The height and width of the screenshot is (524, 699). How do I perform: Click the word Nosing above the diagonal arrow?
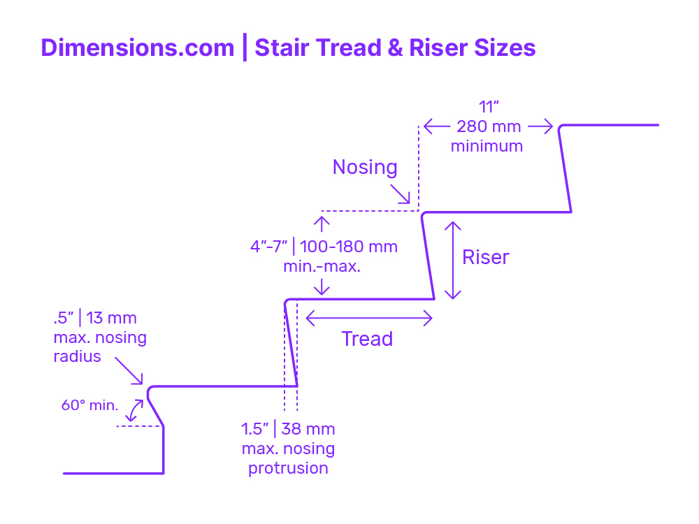(x=365, y=168)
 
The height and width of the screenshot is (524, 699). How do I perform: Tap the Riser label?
(x=486, y=257)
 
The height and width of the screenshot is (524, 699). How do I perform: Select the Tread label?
(x=367, y=339)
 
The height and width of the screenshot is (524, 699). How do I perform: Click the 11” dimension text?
(x=487, y=108)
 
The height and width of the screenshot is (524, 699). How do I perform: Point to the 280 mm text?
(x=488, y=127)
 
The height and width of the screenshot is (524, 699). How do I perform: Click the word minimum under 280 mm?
(x=487, y=146)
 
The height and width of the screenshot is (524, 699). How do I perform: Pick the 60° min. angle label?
(x=89, y=405)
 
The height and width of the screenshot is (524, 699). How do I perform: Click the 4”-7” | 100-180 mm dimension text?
(x=324, y=247)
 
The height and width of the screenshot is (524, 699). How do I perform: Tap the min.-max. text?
(x=322, y=266)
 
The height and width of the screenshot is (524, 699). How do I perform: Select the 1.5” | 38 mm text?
(x=288, y=428)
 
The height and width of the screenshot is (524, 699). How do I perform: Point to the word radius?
(x=77, y=356)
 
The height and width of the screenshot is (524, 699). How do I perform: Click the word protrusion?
(x=288, y=468)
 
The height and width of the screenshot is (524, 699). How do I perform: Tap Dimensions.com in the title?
(x=138, y=48)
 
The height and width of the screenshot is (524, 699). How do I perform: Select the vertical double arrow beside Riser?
(x=454, y=261)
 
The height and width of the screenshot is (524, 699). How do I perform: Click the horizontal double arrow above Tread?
(x=369, y=319)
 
